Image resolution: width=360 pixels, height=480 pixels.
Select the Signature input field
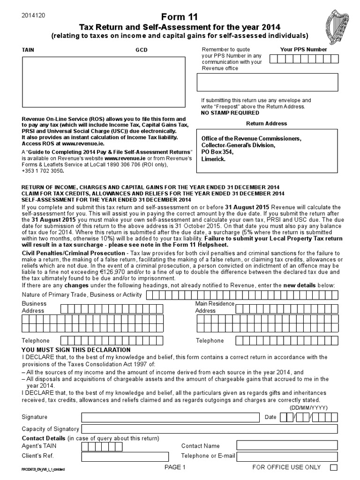tap(170, 418)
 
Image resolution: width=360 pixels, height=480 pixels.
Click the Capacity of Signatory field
tap(210, 429)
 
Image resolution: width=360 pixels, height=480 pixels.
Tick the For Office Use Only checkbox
tap(334, 467)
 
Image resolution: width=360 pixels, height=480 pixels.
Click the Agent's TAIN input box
tap(125, 446)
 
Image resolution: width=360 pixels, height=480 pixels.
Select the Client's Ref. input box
tap(125, 456)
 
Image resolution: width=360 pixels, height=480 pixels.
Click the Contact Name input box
tap(287, 446)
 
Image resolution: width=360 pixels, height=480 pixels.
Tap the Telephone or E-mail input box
tap(287, 456)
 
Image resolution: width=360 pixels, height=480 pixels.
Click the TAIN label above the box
tap(28, 50)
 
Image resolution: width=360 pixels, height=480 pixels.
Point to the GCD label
tap(142, 50)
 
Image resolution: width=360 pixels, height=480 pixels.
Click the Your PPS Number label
tap(303, 49)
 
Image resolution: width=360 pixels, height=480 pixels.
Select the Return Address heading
tap(267, 124)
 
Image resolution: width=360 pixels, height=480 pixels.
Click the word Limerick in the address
tap(213, 159)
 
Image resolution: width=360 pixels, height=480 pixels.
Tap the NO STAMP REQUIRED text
tap(230, 113)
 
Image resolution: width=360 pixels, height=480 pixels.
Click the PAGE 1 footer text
tap(175, 467)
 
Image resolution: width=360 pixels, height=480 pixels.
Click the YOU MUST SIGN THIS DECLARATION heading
tap(76, 350)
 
